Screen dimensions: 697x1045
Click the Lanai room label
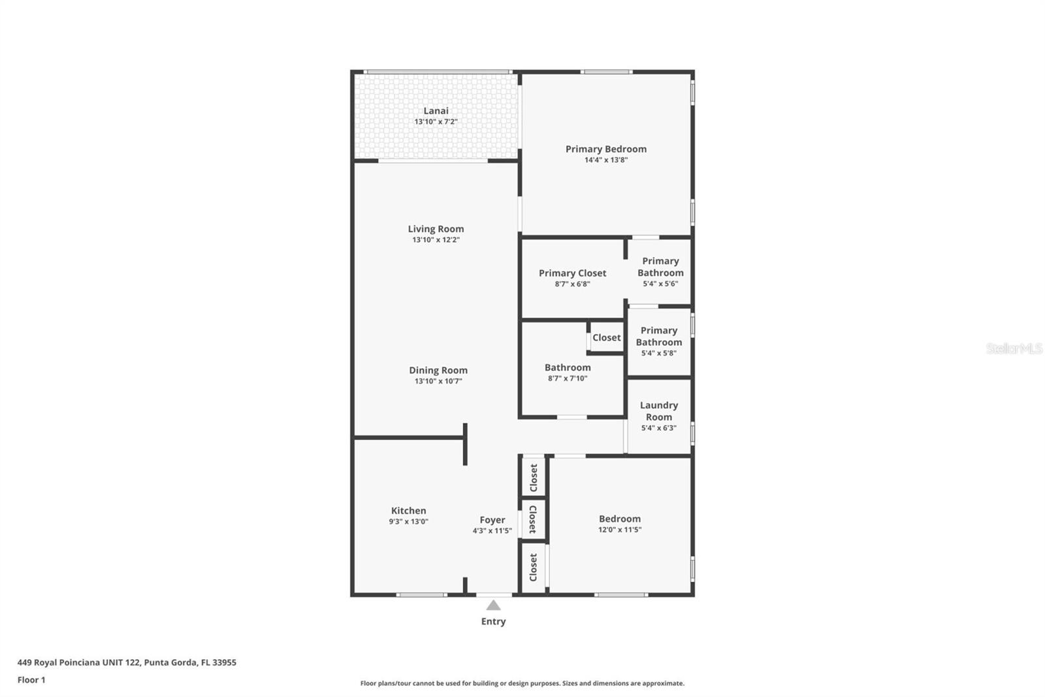click(x=436, y=111)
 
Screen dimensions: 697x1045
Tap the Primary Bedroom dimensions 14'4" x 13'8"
click(x=606, y=160)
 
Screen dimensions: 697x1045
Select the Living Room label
click(x=436, y=229)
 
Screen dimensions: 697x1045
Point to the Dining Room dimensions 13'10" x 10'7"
click(x=438, y=381)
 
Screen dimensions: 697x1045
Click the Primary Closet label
click(x=572, y=273)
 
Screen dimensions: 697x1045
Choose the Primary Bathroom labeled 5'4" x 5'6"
click(x=660, y=271)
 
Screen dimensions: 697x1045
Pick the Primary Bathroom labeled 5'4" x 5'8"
click(x=658, y=341)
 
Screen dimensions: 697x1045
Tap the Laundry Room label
click(x=658, y=411)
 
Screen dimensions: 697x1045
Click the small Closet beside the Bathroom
click(x=606, y=338)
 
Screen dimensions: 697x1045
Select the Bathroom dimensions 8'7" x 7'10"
click(x=568, y=379)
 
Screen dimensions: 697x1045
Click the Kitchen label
click(x=409, y=511)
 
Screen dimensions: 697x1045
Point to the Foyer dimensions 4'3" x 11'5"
click(x=492, y=531)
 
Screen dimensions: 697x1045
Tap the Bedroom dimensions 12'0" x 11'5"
click(x=620, y=530)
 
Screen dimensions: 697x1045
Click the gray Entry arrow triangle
click(x=493, y=606)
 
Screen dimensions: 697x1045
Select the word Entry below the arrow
click(x=493, y=622)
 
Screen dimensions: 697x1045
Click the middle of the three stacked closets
click(x=533, y=519)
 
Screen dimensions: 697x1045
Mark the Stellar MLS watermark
click(x=1014, y=348)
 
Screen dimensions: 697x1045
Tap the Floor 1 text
click(x=31, y=680)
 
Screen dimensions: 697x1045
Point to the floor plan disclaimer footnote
click(x=522, y=683)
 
